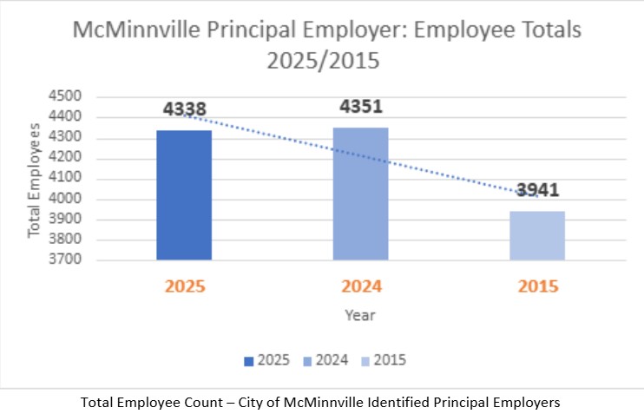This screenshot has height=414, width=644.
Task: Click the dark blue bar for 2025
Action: [184, 194]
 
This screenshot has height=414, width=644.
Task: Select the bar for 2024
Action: [361, 194]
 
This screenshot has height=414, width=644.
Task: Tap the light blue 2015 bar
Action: [537, 235]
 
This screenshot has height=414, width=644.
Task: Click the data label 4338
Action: [184, 110]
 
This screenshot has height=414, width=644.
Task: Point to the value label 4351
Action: [361, 107]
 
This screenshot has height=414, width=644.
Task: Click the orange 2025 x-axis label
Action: [184, 286]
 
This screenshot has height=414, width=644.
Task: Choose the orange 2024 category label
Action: [361, 286]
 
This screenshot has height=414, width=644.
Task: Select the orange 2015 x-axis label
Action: [537, 286]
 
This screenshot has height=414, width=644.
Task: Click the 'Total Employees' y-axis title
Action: [35, 180]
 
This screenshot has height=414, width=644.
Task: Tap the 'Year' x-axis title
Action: [358, 315]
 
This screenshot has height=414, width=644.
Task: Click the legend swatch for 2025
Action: [249, 360]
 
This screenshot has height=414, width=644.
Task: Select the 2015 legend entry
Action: [382, 360]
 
